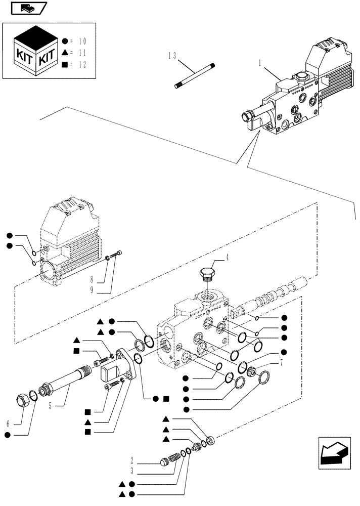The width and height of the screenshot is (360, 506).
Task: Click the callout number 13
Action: [171, 56]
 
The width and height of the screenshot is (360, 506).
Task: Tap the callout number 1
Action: [260, 64]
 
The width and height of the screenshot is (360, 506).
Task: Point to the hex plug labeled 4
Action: [207, 275]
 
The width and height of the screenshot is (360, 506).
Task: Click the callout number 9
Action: [93, 290]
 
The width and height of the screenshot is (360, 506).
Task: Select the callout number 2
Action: [132, 461]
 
